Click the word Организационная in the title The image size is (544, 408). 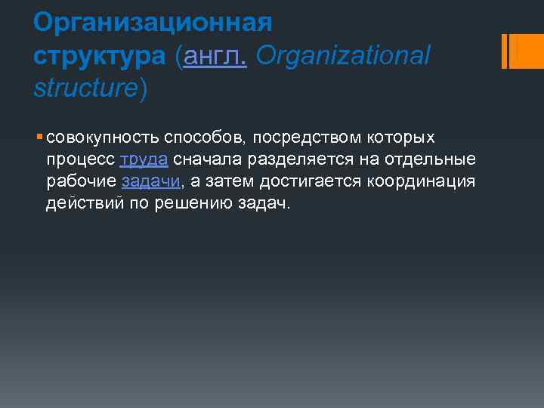(152, 22)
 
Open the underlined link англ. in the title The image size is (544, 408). (214, 55)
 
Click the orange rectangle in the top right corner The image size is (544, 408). (521, 51)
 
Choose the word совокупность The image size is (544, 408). (100, 138)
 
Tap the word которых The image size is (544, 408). (402, 138)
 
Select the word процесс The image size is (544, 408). (80, 159)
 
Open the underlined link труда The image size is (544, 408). (144, 159)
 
